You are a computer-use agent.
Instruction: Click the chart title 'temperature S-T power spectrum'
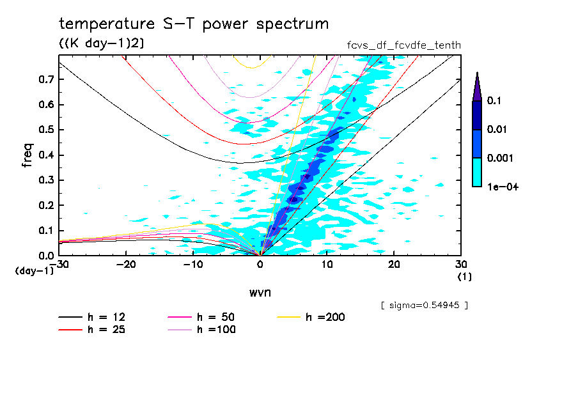pyautogui.click(x=193, y=24)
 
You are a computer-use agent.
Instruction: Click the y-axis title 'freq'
pyautogui.click(x=28, y=155)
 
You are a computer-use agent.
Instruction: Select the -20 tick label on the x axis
pyautogui.click(x=125, y=264)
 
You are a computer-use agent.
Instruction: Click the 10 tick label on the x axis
pyautogui.click(x=327, y=264)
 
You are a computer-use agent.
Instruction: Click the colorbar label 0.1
pyautogui.click(x=494, y=101)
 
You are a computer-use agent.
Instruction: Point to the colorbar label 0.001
pyautogui.click(x=499, y=158)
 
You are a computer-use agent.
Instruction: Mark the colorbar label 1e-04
pyautogui.click(x=499, y=187)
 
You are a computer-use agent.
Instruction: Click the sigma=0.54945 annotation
pyautogui.click(x=425, y=305)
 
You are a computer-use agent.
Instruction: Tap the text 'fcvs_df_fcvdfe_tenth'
pyautogui.click(x=403, y=45)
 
